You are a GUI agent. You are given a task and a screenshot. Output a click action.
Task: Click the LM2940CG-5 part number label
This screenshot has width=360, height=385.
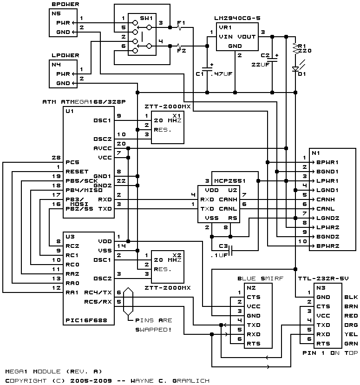point(237,18)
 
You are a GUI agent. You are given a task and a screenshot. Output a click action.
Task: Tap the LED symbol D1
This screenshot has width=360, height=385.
point(295,69)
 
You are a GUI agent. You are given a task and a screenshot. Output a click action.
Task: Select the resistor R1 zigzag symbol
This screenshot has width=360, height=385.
point(295,49)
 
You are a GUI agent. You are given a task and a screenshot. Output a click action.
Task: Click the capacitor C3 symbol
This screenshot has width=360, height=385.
point(230,251)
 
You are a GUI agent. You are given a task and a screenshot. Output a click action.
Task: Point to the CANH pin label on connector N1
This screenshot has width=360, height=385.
point(326,199)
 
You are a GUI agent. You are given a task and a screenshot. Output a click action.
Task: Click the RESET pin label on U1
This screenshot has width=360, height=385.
point(77,172)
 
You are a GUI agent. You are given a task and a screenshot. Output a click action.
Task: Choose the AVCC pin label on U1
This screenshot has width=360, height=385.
point(103,148)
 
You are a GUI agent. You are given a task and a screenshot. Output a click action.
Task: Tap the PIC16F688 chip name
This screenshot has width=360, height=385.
point(86,320)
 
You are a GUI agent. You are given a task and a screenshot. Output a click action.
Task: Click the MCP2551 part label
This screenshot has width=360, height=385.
point(230,181)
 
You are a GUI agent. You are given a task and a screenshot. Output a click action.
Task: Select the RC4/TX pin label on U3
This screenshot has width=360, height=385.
point(98,292)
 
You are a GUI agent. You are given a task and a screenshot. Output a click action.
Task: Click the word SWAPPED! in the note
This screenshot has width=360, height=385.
point(153,330)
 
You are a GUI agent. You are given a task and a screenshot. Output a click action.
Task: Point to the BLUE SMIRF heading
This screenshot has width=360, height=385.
point(260,279)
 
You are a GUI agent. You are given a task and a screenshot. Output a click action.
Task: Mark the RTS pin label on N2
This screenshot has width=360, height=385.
point(254,344)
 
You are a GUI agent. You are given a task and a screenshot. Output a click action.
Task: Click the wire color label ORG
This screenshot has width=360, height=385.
point(351,325)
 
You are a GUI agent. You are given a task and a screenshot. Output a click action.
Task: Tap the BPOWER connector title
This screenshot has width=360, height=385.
point(65,4)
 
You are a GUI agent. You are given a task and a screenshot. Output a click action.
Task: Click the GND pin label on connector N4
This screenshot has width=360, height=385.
point(63,83)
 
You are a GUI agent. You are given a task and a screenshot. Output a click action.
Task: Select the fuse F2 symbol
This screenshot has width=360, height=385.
point(179,46)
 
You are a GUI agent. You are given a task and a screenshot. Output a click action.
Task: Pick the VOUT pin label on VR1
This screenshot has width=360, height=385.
point(247,37)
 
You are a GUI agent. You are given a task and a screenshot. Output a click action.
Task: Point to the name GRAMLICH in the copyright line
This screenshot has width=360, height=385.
point(191,381)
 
